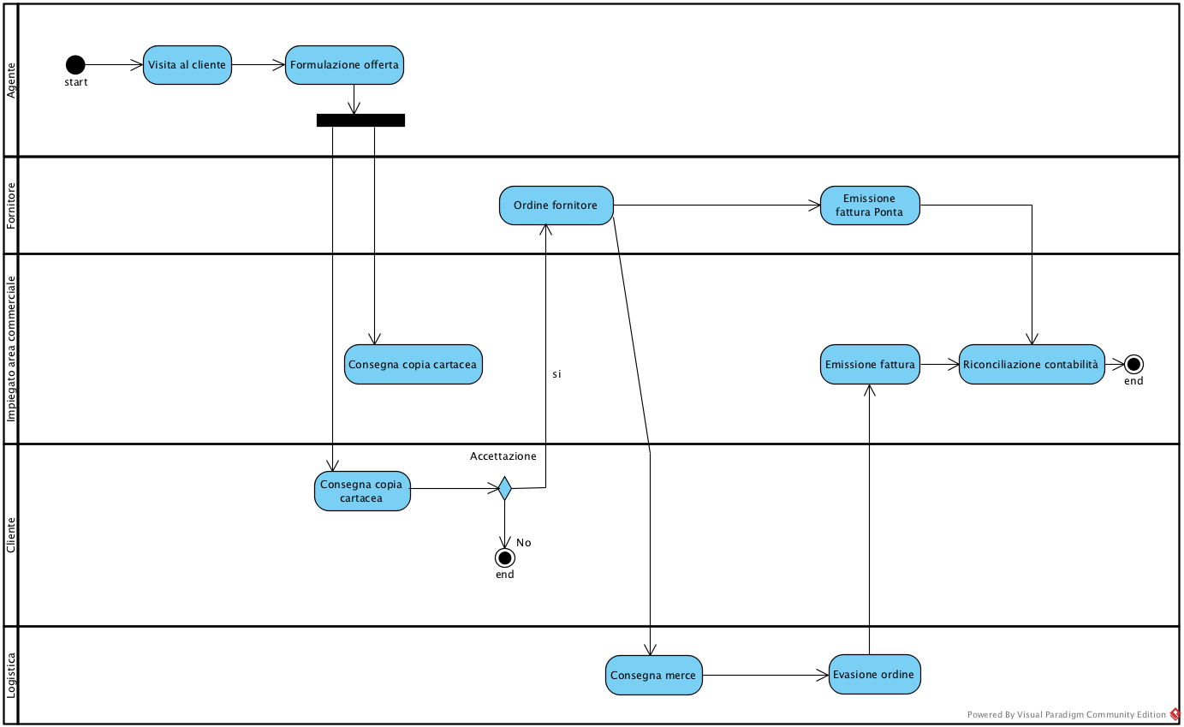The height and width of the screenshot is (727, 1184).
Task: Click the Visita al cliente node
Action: [x=187, y=65]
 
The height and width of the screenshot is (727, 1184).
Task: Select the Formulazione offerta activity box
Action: [x=344, y=65]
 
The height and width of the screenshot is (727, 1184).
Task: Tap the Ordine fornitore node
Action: [x=556, y=206]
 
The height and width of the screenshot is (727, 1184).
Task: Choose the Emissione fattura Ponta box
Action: [x=870, y=206]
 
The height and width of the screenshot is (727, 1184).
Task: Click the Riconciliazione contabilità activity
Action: [x=1031, y=365]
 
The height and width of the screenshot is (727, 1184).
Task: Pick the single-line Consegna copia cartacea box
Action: [x=413, y=365]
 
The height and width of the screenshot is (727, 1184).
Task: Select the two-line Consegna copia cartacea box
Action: [x=362, y=492]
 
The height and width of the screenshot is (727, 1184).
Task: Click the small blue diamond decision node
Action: [x=505, y=488]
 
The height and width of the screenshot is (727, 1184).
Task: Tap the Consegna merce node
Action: [x=653, y=676]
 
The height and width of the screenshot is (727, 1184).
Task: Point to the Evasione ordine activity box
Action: [x=874, y=675]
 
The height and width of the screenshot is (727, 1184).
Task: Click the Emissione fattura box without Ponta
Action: [x=870, y=365]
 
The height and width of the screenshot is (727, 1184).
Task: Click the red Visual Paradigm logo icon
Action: [x=1175, y=714]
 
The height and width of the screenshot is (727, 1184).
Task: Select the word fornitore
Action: [x=574, y=206]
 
